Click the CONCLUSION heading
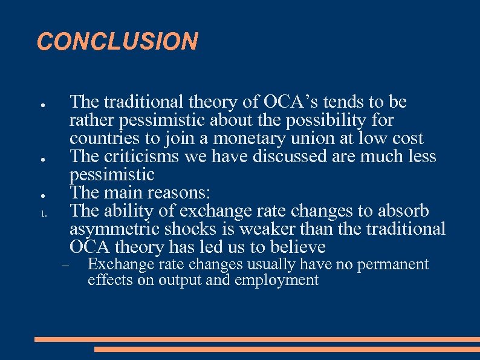[117, 42]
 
